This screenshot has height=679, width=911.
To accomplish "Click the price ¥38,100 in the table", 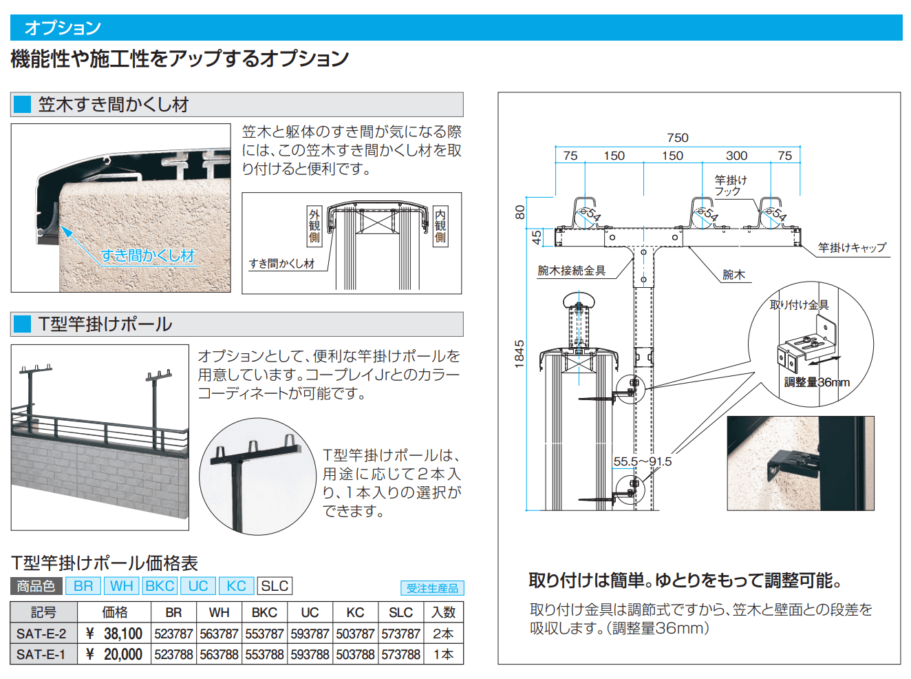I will click(x=114, y=634).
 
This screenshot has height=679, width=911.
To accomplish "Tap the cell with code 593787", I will click(x=310, y=634).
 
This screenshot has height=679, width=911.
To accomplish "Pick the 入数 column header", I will click(x=443, y=612).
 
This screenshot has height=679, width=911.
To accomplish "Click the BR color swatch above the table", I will click(x=83, y=586).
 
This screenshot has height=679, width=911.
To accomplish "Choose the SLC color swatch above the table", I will click(x=275, y=586).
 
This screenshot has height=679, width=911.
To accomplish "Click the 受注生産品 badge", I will click(x=432, y=588).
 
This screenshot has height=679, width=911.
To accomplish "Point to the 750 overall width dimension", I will click(x=677, y=138).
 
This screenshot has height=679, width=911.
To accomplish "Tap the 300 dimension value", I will click(x=736, y=156).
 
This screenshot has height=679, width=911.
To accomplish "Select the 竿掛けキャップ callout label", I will click(x=852, y=247).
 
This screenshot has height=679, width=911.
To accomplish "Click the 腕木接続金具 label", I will click(x=572, y=271).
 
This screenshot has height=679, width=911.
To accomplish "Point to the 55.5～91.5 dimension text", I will click(x=642, y=461).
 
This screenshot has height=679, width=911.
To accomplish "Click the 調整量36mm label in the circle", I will click(x=817, y=382).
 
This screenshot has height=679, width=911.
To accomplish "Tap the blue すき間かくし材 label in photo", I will click(x=148, y=255).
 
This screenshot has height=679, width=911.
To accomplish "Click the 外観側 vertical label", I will click(x=314, y=226).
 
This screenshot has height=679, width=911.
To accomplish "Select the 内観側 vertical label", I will click(x=440, y=226).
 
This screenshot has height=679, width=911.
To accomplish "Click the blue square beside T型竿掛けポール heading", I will click(x=23, y=324).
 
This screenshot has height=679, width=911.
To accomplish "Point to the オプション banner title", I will click(x=63, y=28).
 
